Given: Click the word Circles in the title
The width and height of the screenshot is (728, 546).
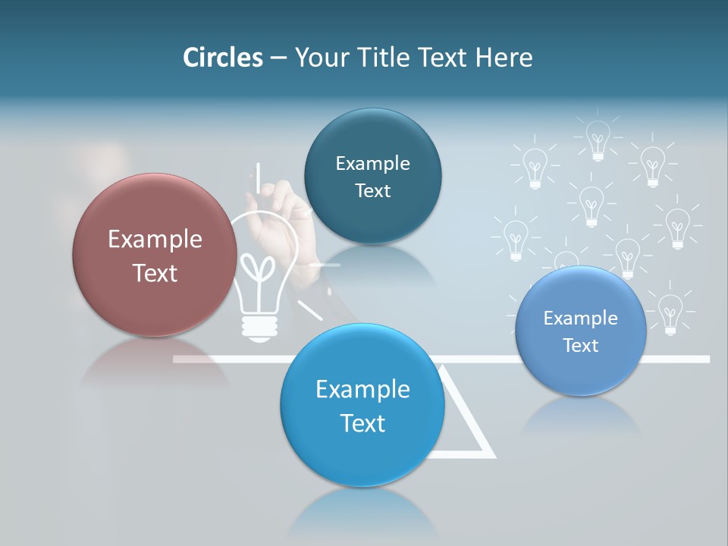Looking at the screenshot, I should tap(222, 58).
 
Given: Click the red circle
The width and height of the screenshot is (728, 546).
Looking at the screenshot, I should tap(155, 255).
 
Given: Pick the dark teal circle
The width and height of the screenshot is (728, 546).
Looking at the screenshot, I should tap(372, 176).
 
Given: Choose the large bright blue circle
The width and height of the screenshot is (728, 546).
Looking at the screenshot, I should tap(362, 404).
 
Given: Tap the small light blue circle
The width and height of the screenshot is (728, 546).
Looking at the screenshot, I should tap(581, 331).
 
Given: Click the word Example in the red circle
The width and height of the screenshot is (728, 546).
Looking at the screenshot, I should tap(155, 240).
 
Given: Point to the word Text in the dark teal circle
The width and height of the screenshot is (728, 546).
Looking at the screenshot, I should tap(372, 191).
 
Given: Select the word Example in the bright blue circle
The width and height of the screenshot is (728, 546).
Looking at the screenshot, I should tap(362, 390).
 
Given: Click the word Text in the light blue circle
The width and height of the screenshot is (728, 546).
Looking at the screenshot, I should tap(581, 346).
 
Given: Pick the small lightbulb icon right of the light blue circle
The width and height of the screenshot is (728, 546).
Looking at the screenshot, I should tap(670, 311).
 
